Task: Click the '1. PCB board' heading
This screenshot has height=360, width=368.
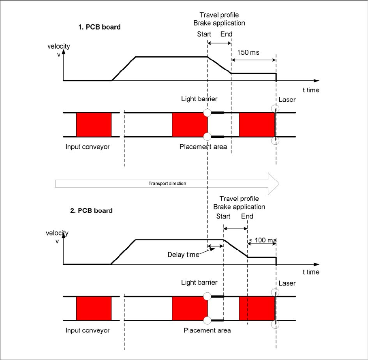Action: (x=99, y=27)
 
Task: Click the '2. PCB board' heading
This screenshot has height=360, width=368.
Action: (x=91, y=210)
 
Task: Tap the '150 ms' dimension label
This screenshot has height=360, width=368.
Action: (x=248, y=52)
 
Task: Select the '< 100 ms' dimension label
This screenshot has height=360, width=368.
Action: (x=262, y=240)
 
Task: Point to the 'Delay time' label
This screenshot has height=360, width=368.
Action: (x=183, y=255)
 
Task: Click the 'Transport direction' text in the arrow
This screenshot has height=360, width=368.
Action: (x=167, y=183)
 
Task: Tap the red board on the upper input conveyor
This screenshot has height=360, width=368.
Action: (x=94, y=124)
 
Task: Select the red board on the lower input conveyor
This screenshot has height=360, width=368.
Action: (x=94, y=309)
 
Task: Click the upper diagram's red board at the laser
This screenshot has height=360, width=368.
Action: (x=257, y=124)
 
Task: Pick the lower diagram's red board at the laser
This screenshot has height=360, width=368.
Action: (x=257, y=309)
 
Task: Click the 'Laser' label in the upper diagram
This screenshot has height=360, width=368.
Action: (x=287, y=100)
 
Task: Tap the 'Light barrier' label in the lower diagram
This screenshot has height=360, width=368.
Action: (x=199, y=282)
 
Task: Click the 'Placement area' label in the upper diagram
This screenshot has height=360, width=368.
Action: (x=203, y=147)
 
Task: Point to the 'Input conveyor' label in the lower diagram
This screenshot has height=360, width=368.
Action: (x=87, y=330)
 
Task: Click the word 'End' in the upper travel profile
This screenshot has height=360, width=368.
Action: (x=226, y=34)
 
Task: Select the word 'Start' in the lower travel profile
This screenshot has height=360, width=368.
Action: (x=223, y=216)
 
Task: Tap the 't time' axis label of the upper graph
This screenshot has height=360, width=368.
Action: (x=311, y=90)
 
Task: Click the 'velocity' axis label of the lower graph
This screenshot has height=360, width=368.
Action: (x=57, y=233)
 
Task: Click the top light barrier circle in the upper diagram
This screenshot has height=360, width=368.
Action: (x=207, y=113)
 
